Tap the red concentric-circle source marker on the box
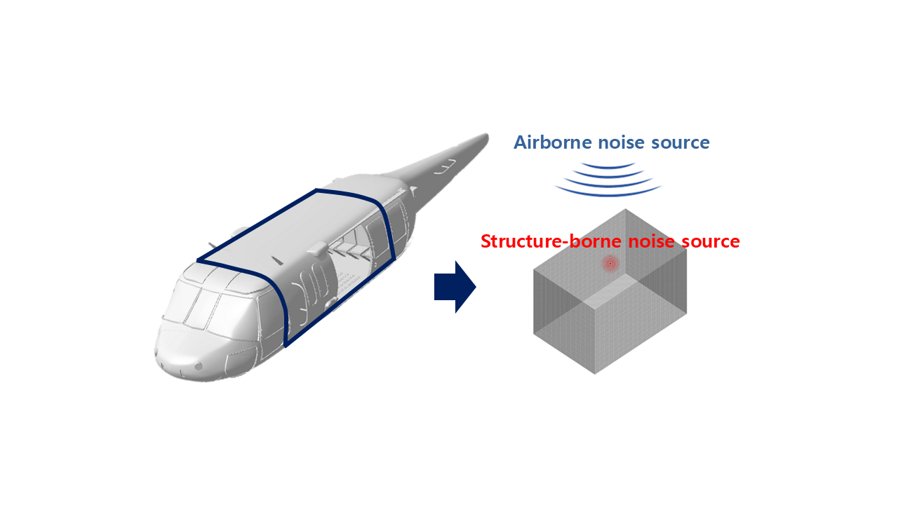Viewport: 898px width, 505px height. coord(610,264)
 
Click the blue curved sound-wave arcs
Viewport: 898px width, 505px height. coord(608,180)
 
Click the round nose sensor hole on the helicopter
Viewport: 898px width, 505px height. coord(199,366)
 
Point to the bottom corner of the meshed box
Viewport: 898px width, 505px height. coord(594,373)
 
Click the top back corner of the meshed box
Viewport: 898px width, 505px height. coord(625,209)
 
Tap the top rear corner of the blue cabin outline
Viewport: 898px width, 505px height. coord(317,190)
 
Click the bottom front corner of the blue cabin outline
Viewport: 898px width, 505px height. coord(286,345)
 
